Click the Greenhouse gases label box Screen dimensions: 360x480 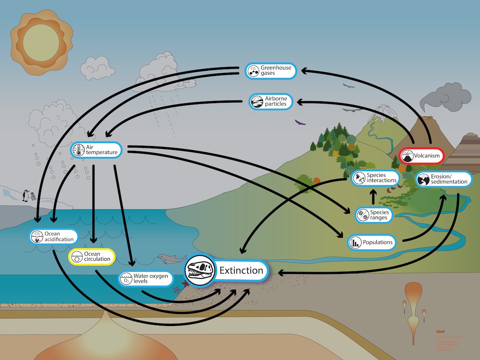271,71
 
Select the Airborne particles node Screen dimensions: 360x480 271,102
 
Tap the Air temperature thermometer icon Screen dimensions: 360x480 78,150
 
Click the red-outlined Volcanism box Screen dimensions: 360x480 422,156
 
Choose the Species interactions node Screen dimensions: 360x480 375,178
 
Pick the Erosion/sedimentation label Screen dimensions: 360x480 444,179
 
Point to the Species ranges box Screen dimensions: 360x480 374,215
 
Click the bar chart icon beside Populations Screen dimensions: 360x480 355,242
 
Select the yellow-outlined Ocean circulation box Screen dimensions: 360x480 92,256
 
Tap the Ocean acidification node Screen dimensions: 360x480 54,236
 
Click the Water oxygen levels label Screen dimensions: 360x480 146,278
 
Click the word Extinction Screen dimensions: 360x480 241,270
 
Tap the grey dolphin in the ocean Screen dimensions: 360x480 168,258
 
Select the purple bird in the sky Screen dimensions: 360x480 300,122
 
